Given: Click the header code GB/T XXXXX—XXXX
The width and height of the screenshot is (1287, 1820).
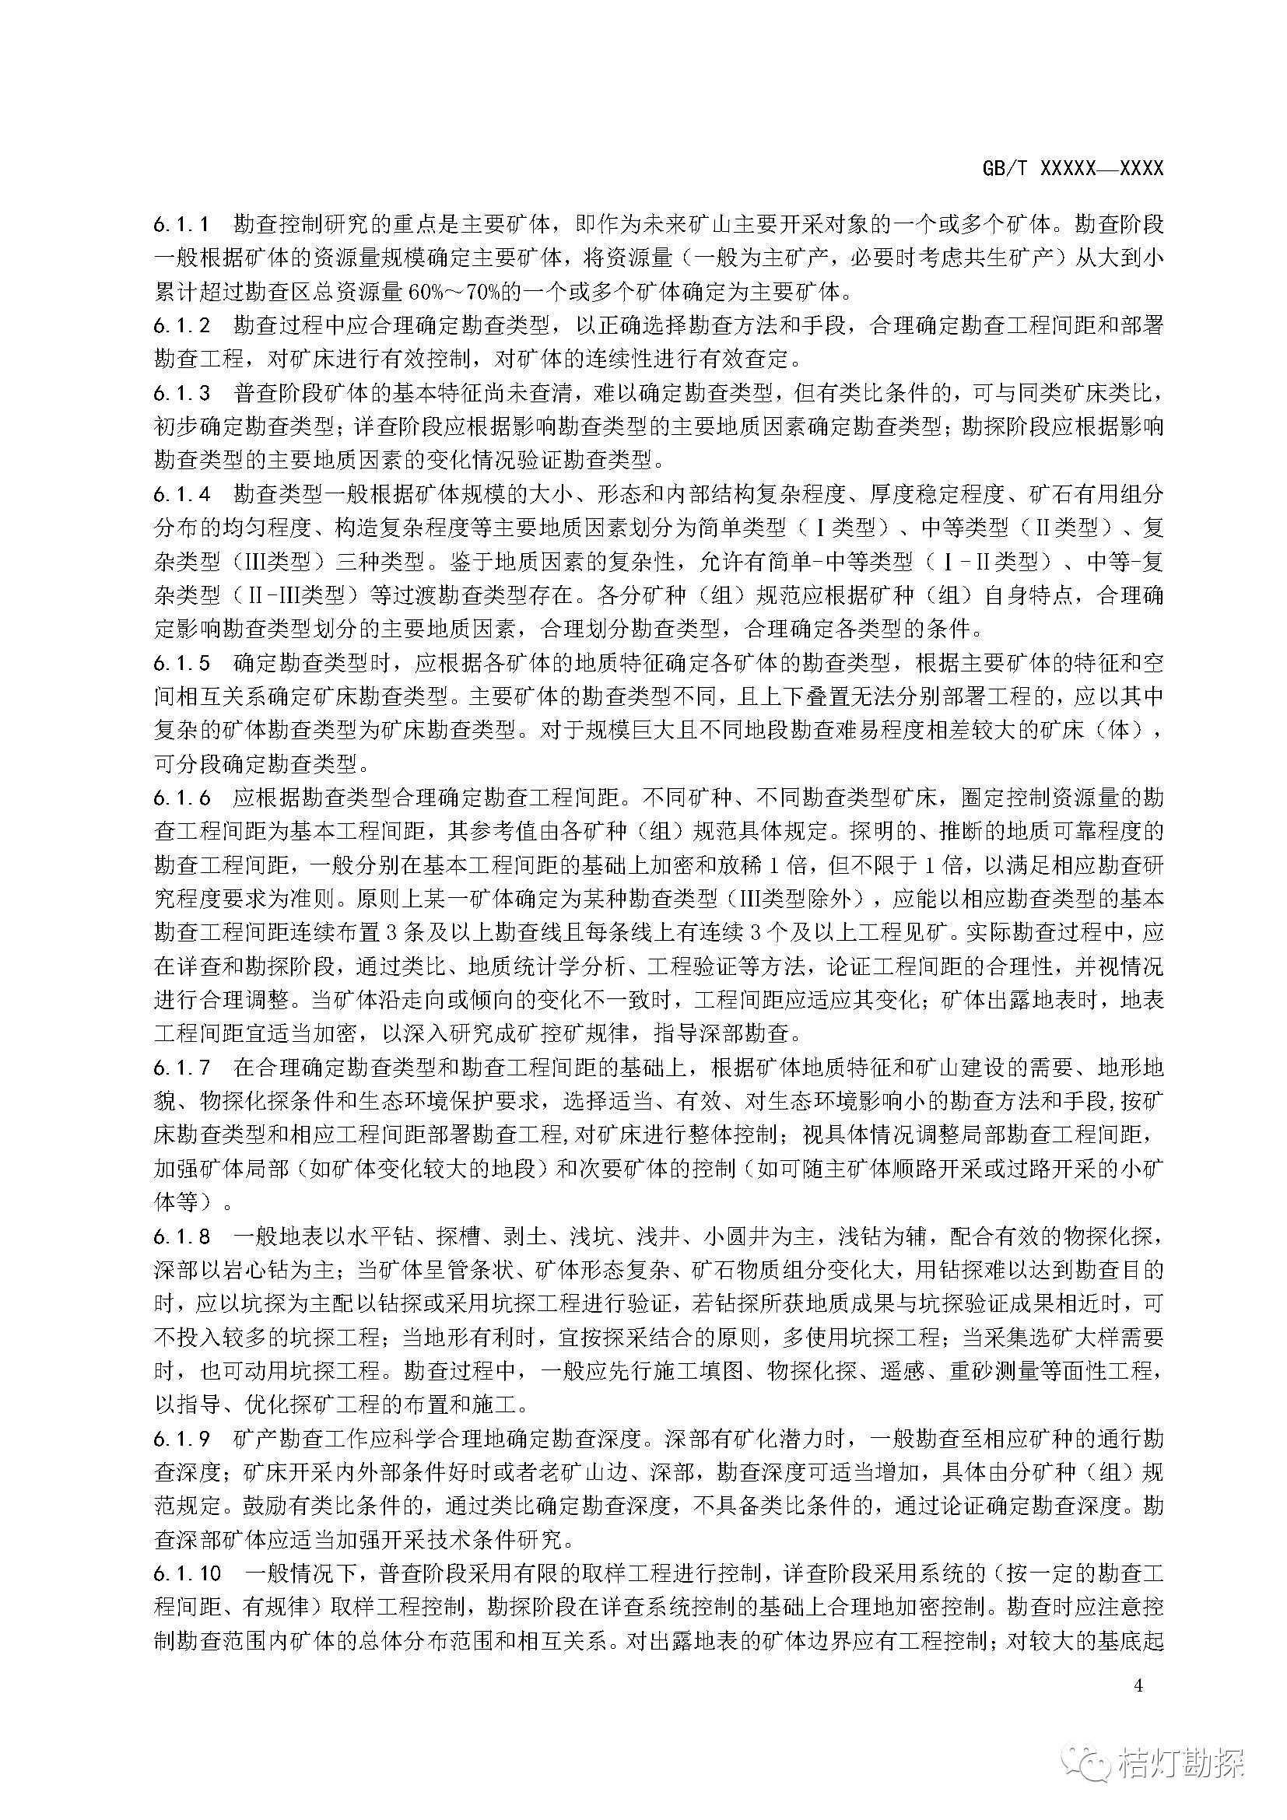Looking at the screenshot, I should pos(1072,168).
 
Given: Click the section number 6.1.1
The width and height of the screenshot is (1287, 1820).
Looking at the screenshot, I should pos(182,224).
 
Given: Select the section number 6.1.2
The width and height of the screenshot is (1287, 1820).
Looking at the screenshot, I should pos(182,325).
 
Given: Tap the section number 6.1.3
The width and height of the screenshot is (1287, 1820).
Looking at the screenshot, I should pos(182,393).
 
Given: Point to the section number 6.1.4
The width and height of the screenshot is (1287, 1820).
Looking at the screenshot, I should pos(182,494).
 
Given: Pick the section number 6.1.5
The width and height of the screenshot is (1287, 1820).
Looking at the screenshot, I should pos(182,663).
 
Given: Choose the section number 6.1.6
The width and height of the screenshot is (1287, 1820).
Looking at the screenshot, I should pos(182,798).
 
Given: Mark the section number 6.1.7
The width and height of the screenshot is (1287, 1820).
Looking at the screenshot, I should pos(182,1068).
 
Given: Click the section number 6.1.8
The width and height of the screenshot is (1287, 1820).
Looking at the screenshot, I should pos(182,1236).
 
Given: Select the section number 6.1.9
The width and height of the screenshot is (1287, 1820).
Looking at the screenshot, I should pos(182,1439).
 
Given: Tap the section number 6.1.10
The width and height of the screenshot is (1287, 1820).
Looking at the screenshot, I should pos(188,1573).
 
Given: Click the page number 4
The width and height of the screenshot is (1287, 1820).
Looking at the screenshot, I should pos(1139,1685).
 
